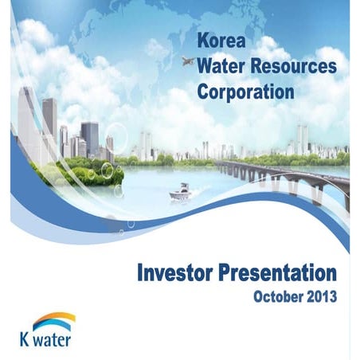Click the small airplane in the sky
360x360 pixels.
click(x=188, y=61)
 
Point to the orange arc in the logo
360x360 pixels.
click(x=56, y=316)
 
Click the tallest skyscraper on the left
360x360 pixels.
click(x=28, y=119)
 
